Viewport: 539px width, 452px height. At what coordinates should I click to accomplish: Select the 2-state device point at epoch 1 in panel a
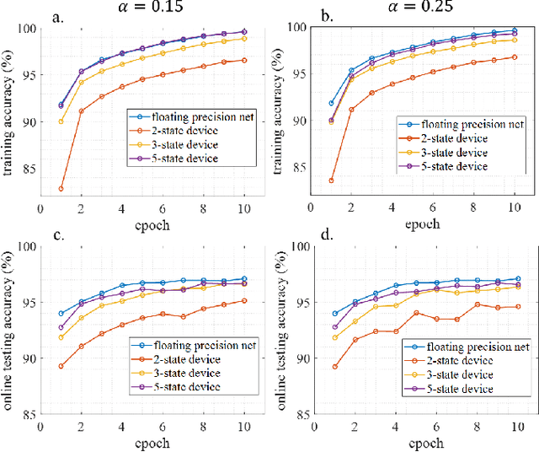pos(61,189)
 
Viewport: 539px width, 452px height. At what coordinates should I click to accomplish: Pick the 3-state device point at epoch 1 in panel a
pos(61,121)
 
